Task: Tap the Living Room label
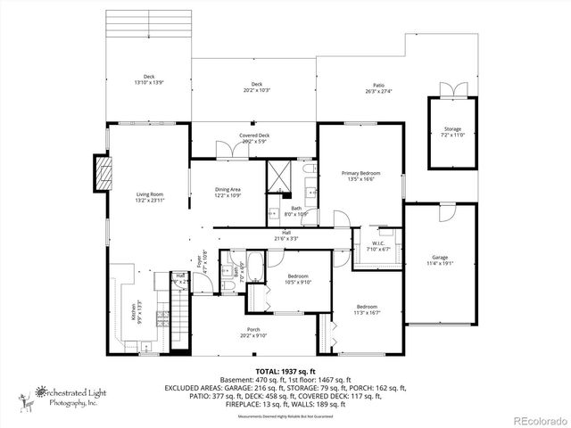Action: [149, 197]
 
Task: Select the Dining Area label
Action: [228, 192]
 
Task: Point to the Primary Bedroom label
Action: [361, 176]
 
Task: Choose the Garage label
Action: [440, 260]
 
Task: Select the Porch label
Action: [254, 332]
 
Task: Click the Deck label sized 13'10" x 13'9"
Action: [149, 79]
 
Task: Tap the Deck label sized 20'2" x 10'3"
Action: [256, 86]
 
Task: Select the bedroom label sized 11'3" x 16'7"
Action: [368, 309]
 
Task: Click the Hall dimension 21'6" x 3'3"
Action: [286, 236]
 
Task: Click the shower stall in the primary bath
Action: [280, 175]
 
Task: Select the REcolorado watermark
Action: [537, 420]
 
